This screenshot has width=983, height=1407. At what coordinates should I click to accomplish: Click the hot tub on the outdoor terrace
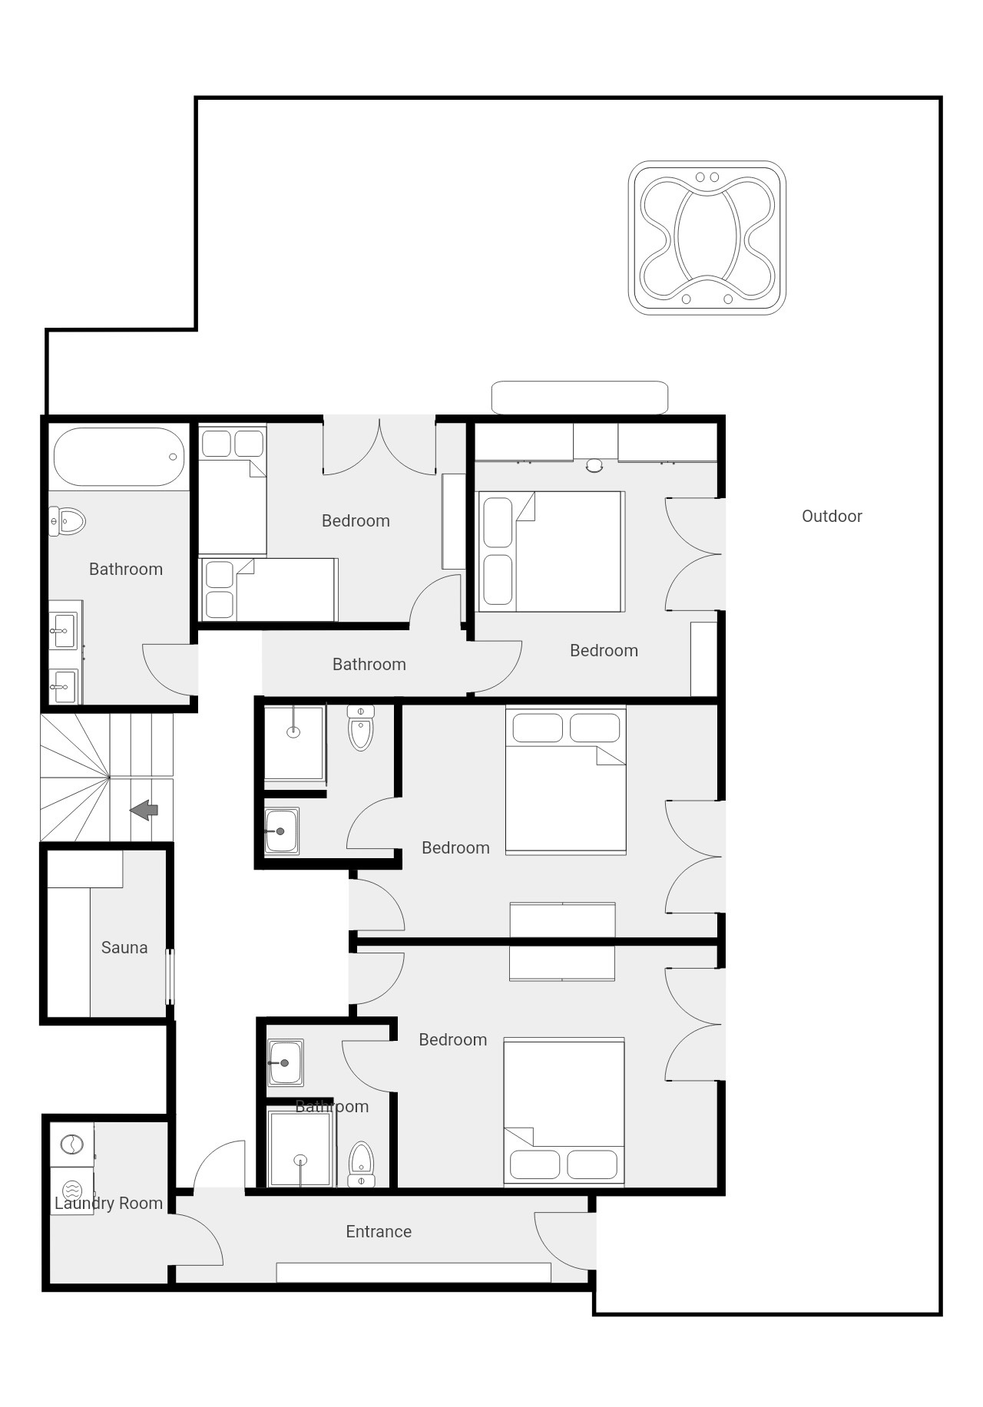coord(707,238)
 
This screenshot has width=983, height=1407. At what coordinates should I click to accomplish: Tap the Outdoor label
coord(832,516)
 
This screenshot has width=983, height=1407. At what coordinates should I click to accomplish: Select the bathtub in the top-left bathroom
coord(119,457)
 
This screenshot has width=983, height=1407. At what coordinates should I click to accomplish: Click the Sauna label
coord(124,947)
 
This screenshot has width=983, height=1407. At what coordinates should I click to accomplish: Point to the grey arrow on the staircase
coord(144,810)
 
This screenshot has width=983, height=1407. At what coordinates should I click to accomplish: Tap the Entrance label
coord(379,1231)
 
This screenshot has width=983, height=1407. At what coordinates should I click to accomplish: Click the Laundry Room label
coord(108,1203)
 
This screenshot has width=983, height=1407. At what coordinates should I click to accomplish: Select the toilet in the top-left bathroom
coord(67,521)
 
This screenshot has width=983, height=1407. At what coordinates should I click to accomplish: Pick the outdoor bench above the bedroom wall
coord(580,398)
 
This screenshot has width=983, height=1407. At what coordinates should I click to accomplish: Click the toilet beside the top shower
coord(361,727)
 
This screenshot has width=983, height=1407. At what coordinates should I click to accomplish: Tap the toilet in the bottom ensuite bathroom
coord(361,1164)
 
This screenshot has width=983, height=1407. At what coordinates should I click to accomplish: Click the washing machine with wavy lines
coord(71,1191)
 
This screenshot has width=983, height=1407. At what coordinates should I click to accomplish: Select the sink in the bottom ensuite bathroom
coord(286,1063)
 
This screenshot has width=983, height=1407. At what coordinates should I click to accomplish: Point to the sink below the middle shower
coord(282,831)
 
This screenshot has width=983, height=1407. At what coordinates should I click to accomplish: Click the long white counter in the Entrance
coord(413,1272)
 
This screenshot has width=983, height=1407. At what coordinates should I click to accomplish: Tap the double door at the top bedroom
coord(379,445)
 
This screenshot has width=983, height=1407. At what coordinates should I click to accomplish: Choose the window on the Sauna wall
coord(170,976)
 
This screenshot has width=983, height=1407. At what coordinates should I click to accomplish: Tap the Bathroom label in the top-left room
coord(126,569)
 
